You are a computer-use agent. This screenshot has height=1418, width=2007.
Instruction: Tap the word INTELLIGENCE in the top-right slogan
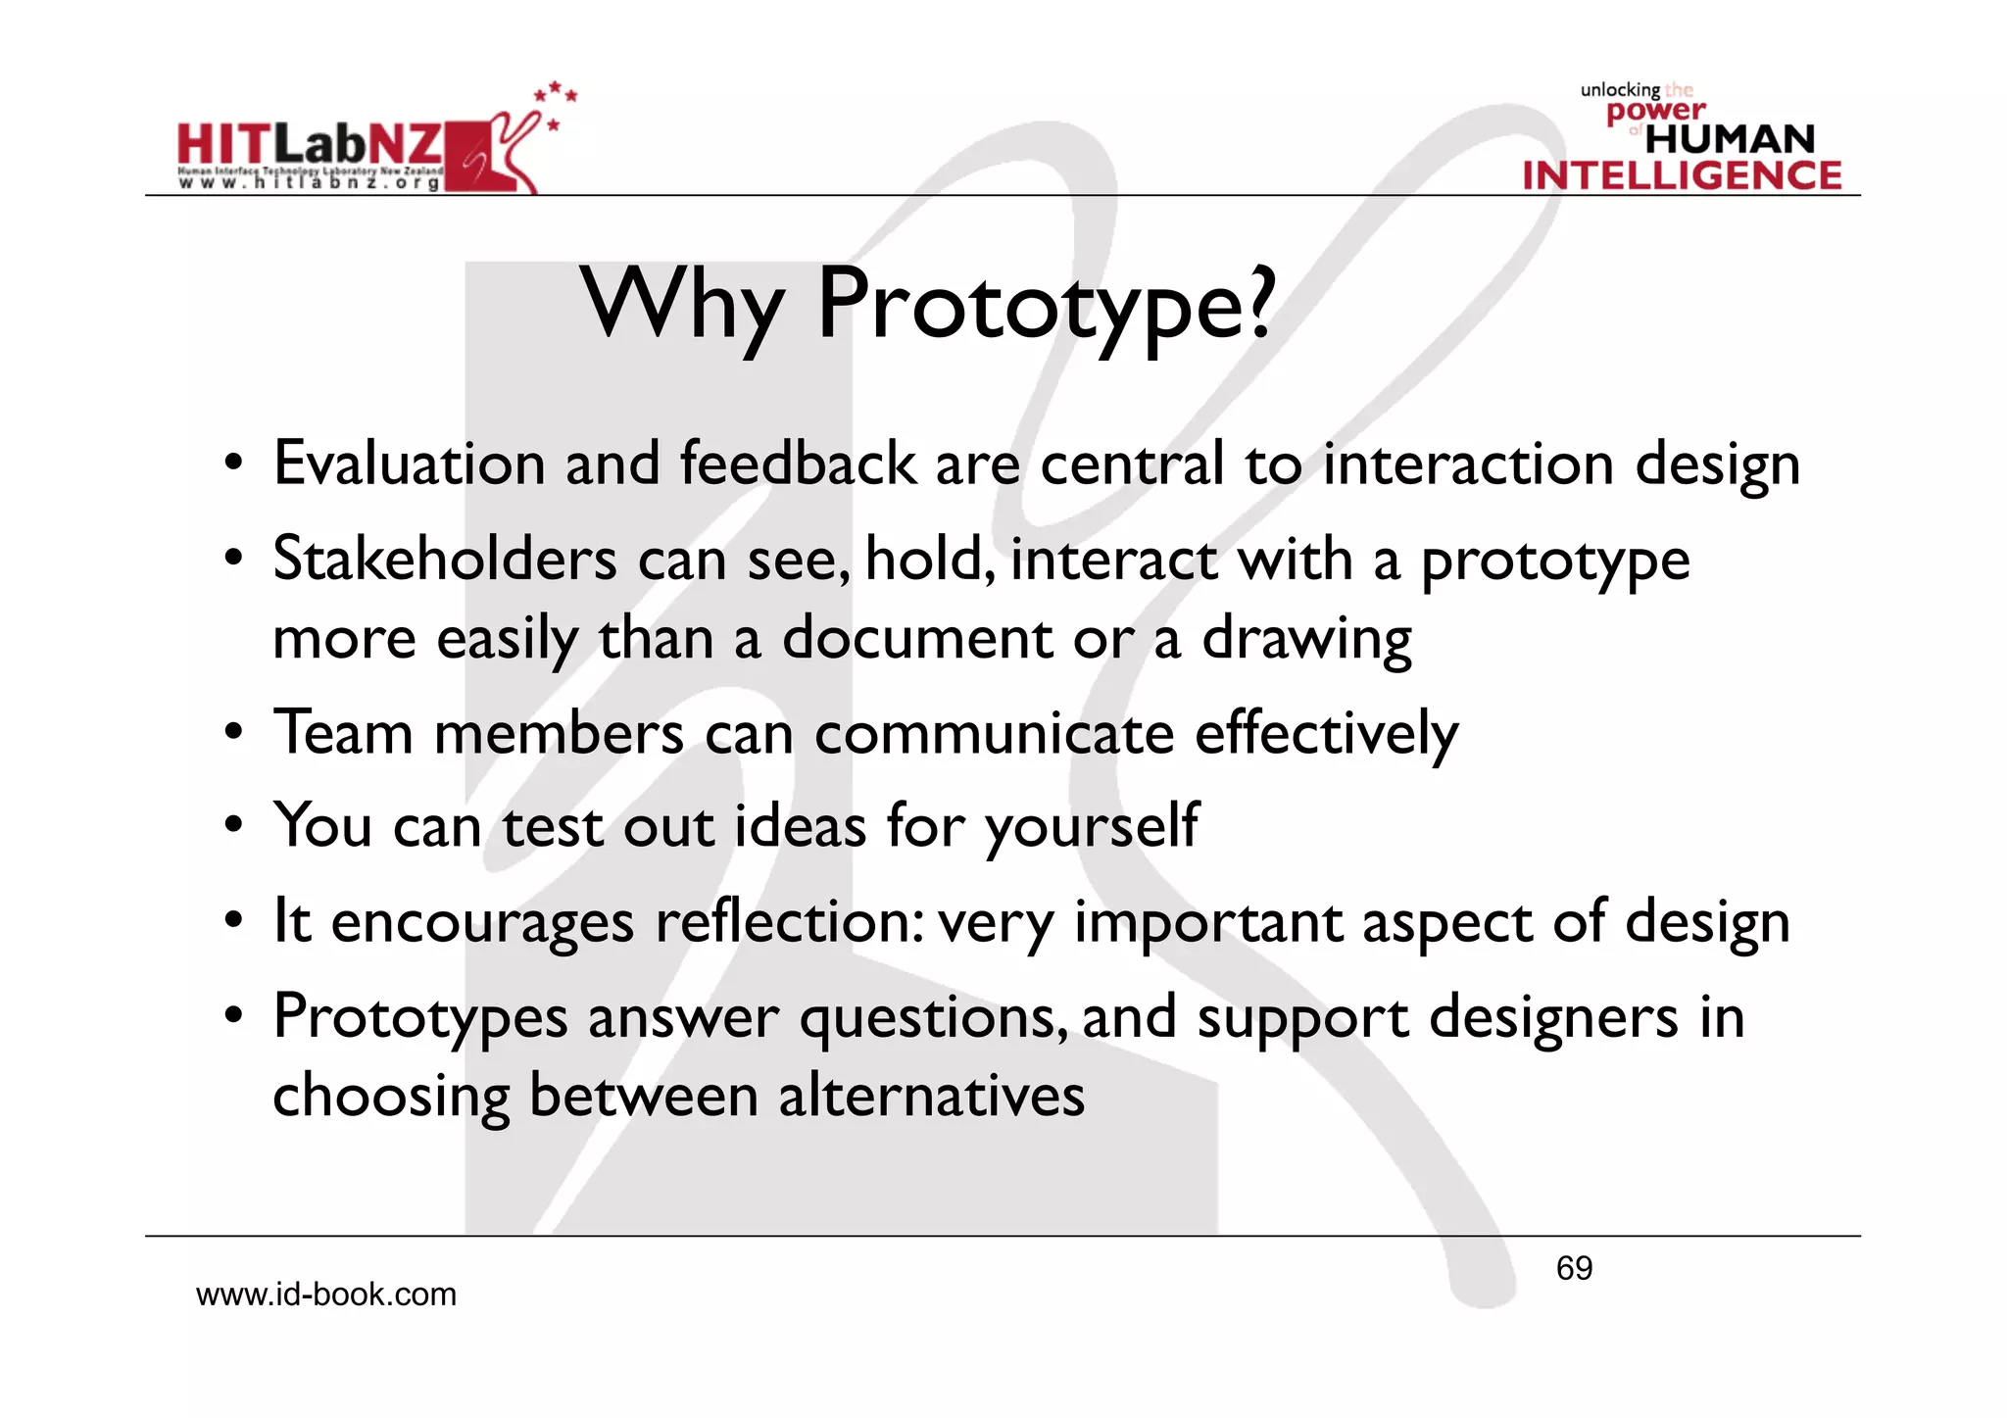coord(1682,176)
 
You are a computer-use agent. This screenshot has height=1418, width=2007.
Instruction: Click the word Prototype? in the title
coord(1046,306)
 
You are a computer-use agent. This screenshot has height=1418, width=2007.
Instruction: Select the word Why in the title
coord(683,306)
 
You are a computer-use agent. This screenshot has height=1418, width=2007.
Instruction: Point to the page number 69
coord(1574,1268)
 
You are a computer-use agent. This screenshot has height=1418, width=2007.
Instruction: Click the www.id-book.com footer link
coord(326,1295)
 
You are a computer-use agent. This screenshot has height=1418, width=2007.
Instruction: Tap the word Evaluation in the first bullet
coord(409,464)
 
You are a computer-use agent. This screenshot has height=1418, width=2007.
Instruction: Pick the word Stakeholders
coord(445,560)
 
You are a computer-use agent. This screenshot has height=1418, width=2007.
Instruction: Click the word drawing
coord(1306,640)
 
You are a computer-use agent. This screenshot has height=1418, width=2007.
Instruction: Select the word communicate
coord(994,733)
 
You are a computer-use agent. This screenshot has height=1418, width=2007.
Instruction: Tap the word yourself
coord(1092,826)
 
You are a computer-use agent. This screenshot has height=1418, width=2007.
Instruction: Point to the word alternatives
coord(932,1096)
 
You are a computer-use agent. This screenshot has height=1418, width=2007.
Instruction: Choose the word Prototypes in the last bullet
coord(420,1017)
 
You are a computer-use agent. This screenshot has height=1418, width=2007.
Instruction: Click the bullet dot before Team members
coord(232,733)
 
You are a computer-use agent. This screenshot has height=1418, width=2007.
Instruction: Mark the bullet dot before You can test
coord(232,826)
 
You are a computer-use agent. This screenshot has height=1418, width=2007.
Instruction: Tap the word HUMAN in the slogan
coord(1731,139)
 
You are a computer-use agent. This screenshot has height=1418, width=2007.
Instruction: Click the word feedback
coord(798,464)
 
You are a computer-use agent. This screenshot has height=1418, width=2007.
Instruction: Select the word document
coord(917,638)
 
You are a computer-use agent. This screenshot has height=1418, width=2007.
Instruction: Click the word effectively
coord(1326,733)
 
